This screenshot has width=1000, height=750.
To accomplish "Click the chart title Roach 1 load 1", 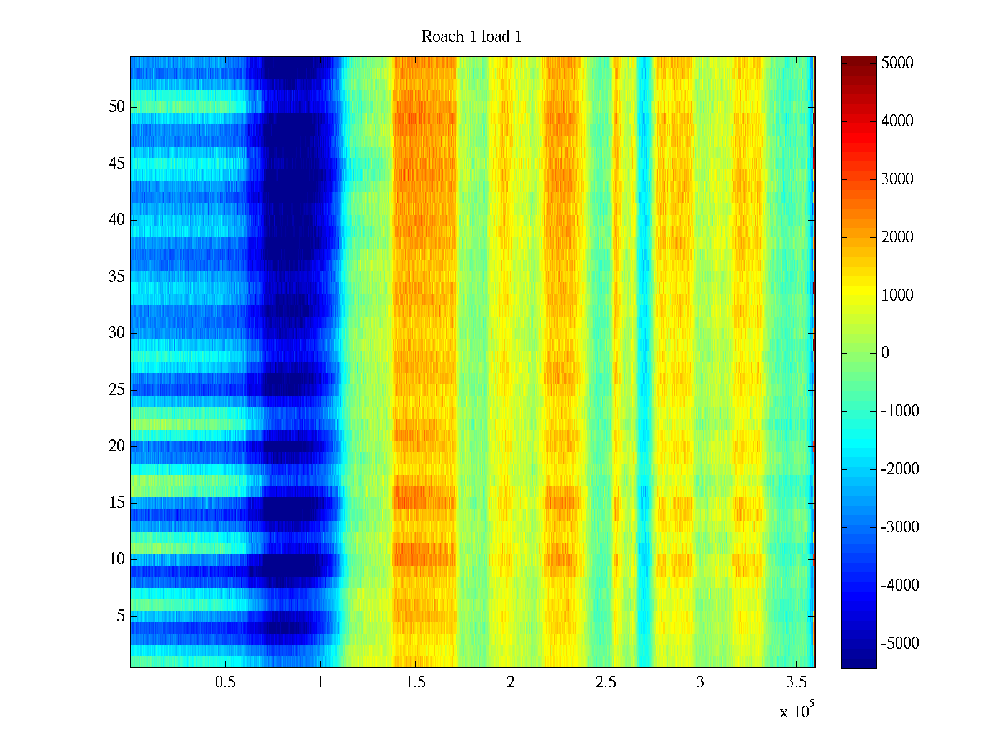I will pos(471,37).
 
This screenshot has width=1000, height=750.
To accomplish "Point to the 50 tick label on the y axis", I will pos(117,107).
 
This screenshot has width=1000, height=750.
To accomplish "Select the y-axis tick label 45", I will pos(117,164).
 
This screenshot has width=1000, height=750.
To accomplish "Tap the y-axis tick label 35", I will pos(117,277).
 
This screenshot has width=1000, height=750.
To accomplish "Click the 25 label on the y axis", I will pos(117,390).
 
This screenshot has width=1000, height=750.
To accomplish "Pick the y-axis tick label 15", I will pos(117,503).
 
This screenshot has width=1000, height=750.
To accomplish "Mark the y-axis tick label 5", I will pos(121,616).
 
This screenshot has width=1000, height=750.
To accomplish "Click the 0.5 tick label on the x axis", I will pos(225,682).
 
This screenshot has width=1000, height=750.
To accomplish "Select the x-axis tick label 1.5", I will pos(415,682).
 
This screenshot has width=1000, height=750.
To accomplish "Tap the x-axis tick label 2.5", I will pos(605,682).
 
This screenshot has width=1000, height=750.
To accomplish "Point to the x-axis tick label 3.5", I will pos(796,682).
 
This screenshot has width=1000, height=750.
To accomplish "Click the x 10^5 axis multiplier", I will pos(797,711).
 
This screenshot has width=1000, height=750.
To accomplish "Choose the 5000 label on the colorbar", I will pos(897,63).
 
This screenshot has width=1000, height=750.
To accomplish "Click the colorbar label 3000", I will pos(897,179).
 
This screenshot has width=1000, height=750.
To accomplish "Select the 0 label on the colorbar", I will pos(885,353).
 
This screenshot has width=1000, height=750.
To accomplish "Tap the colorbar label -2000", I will pos(900,469).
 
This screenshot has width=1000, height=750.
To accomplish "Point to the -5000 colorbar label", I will pos(900,644).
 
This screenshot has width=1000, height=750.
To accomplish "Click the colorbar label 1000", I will pos(897,296).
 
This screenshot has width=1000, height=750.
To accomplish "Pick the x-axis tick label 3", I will pos(700,682).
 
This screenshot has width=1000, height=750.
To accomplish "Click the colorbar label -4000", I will pos(900,586).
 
